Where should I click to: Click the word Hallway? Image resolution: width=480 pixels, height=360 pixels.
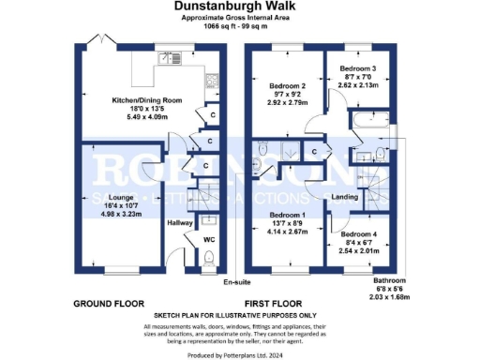point(180,223)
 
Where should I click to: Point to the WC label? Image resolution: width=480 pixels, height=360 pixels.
point(210,240)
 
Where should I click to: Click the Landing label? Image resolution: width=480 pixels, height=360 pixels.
point(345,196)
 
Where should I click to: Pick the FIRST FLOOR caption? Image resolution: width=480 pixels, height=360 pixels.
point(272,304)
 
